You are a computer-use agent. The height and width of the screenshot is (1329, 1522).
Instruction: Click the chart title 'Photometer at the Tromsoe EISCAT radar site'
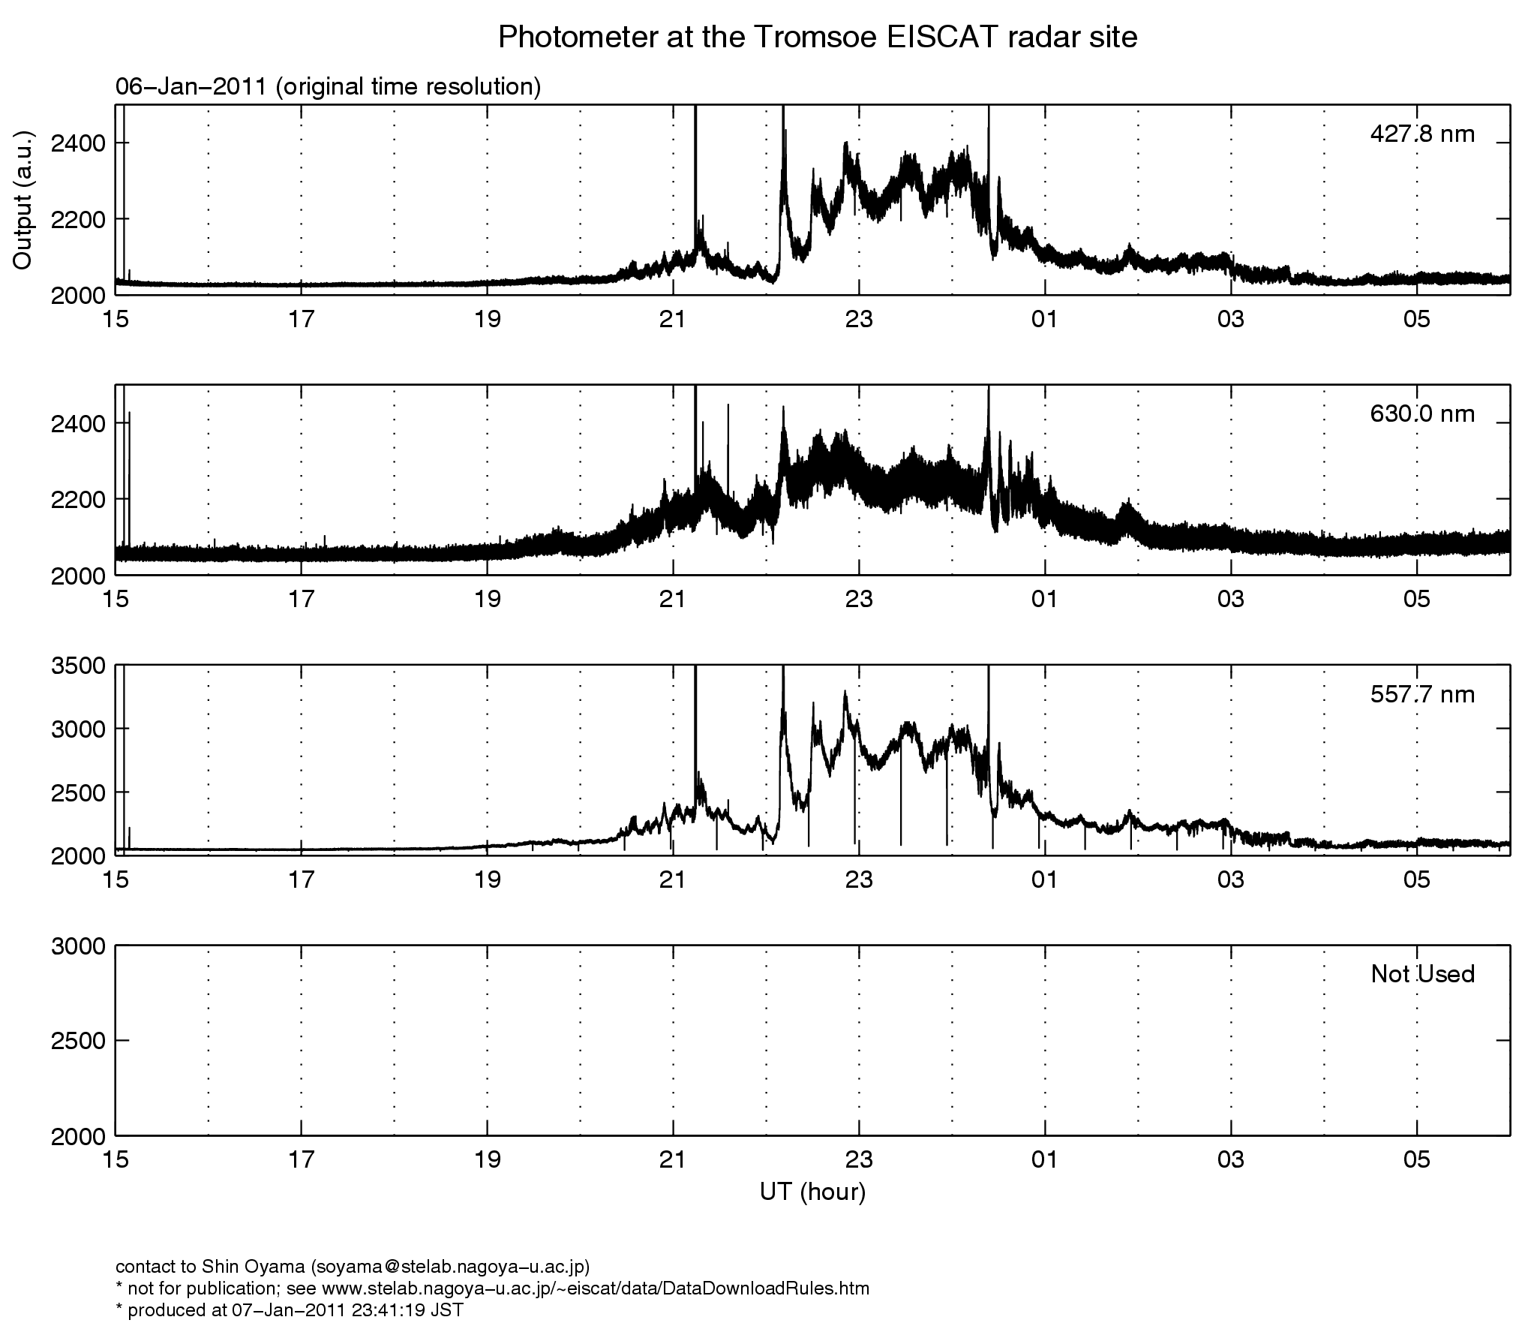point(818,38)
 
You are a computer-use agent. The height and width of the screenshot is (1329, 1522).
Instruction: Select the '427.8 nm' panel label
point(1421,134)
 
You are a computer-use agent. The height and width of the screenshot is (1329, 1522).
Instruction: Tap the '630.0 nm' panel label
point(1421,413)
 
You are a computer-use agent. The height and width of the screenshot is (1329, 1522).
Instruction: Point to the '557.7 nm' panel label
point(1421,694)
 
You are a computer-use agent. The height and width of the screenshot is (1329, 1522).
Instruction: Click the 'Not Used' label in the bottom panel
point(1421,974)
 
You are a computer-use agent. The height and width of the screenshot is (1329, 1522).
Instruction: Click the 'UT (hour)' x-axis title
point(812,1192)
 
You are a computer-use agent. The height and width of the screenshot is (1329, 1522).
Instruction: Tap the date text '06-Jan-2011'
point(191,87)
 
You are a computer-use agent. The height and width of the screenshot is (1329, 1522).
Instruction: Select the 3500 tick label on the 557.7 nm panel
point(77,666)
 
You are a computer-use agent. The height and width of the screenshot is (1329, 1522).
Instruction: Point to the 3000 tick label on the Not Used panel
point(77,946)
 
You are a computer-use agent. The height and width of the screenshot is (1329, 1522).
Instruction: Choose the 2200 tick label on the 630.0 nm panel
point(77,499)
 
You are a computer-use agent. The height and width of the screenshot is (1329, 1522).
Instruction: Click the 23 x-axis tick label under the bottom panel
point(859,1160)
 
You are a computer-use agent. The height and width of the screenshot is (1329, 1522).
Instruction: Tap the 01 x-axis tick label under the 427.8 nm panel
point(1044,320)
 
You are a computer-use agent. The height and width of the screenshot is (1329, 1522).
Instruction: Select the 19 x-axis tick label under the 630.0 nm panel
point(487,600)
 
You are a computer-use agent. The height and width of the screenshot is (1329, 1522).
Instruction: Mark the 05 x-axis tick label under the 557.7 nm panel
point(1416,879)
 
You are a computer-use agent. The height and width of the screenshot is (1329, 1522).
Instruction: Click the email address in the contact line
point(448,1267)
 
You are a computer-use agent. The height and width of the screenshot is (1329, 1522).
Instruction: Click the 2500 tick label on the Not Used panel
point(77,1041)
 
